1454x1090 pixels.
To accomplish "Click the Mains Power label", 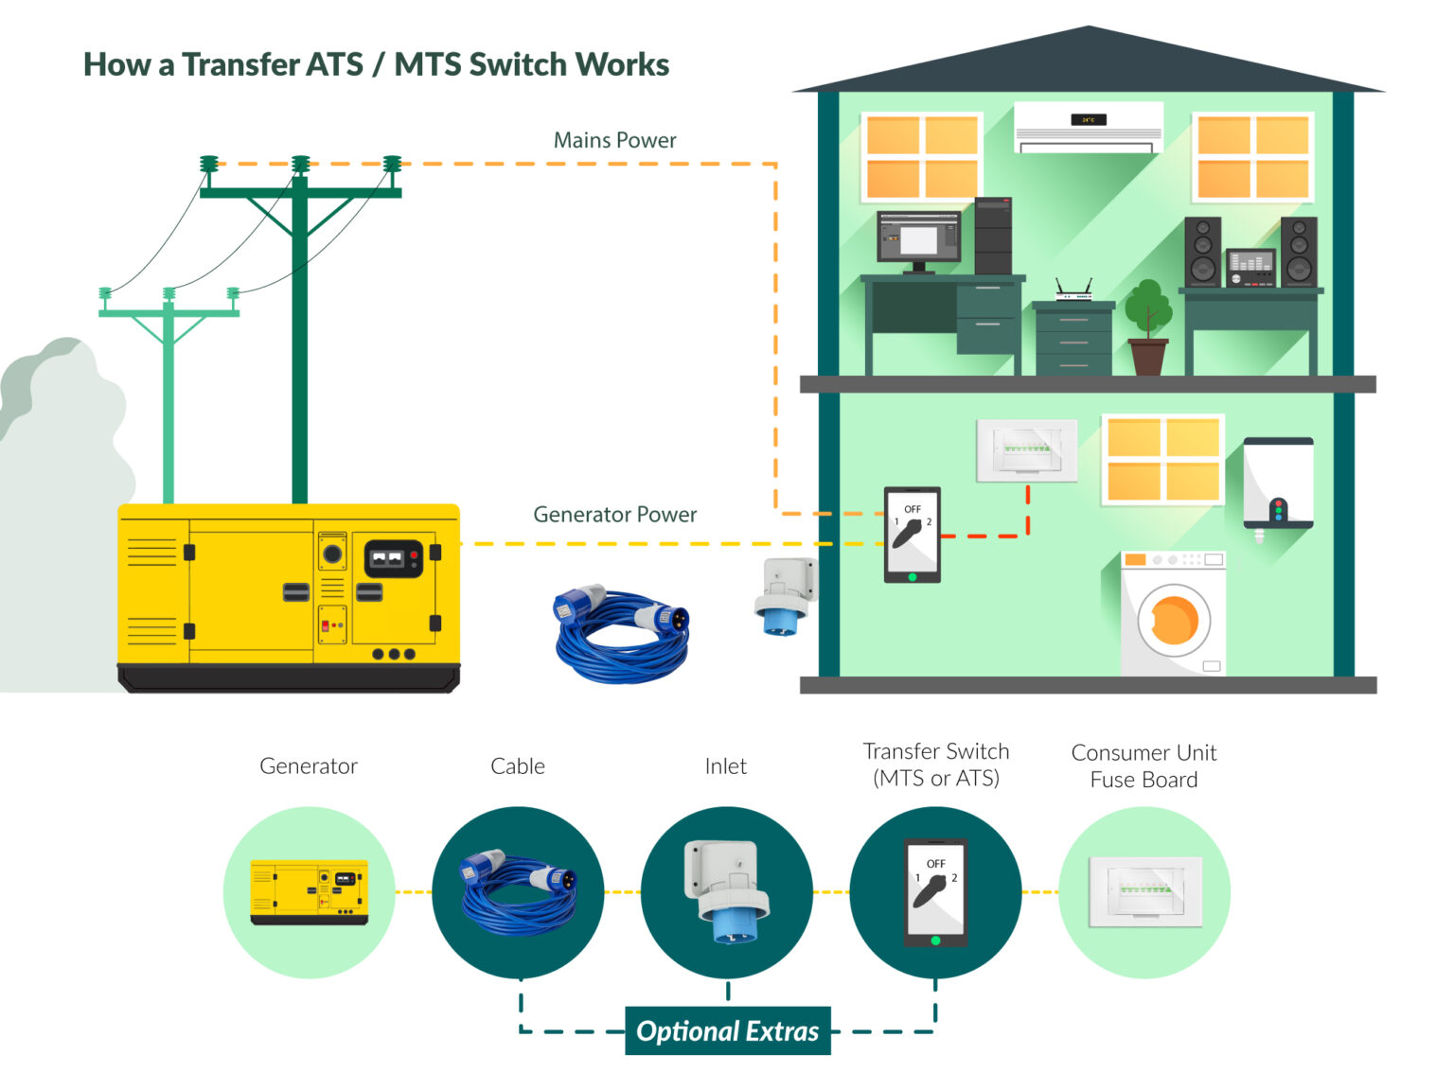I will click(614, 140).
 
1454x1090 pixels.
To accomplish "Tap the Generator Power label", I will click(614, 515).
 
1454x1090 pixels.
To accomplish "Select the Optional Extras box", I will click(727, 1030).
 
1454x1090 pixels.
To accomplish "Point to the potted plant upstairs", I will click(1147, 326).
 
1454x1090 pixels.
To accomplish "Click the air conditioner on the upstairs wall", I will click(1088, 127).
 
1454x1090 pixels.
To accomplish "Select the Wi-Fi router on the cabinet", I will click(1073, 290).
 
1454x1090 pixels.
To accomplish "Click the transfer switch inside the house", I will click(912, 534).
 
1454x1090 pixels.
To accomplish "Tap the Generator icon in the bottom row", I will click(309, 891).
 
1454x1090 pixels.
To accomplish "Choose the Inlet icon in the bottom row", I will click(726, 891).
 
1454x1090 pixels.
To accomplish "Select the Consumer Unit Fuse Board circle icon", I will click(1144, 891).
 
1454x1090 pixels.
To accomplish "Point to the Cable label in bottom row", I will click(517, 766).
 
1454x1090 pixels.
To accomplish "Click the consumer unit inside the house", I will click(1027, 449).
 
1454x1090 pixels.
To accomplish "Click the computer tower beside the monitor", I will click(993, 236).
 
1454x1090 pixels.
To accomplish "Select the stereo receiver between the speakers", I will click(1250, 267).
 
